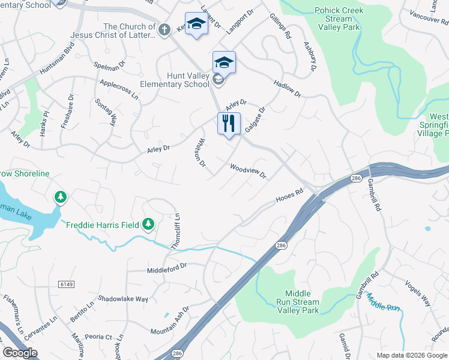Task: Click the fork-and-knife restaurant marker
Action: click(x=229, y=124)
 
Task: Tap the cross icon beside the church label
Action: click(x=164, y=28)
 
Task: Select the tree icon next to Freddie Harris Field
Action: click(x=148, y=225)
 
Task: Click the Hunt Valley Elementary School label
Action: click(x=175, y=80)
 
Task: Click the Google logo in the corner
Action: click(x=20, y=353)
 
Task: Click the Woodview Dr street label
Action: click(x=247, y=171)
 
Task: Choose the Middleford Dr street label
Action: click(x=167, y=268)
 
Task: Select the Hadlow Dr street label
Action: click(x=287, y=88)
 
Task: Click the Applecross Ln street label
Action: click(x=119, y=89)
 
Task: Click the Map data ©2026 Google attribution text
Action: click(x=411, y=355)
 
